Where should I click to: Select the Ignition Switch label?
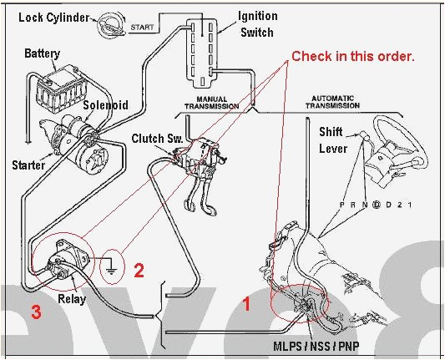[x=258, y=23]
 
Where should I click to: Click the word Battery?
[x=42, y=54]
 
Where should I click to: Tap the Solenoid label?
[x=104, y=106]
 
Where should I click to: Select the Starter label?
[x=28, y=165]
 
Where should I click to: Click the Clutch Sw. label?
[x=152, y=137]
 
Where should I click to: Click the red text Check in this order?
[x=352, y=57]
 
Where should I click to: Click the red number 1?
[x=246, y=304]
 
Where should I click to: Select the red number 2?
[x=139, y=269]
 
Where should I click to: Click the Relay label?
[x=72, y=297]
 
